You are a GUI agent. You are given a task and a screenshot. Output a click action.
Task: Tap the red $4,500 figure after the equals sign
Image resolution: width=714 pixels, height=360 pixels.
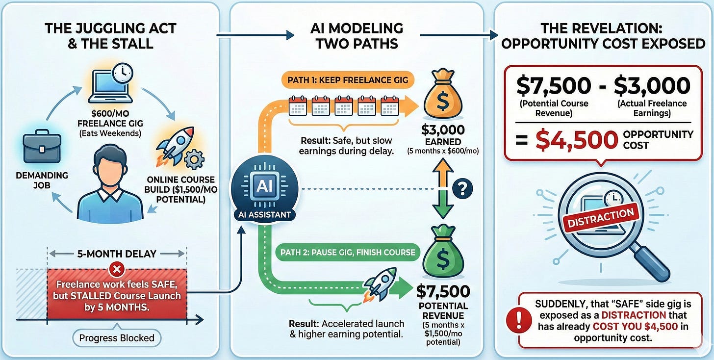click(x=576, y=140)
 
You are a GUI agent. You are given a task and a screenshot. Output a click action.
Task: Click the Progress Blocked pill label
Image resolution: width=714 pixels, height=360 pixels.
click(x=117, y=337)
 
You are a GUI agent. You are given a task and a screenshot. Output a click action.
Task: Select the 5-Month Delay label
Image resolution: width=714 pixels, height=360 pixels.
click(x=117, y=254)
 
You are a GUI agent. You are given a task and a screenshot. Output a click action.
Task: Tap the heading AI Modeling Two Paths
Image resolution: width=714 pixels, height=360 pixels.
click(x=357, y=35)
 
